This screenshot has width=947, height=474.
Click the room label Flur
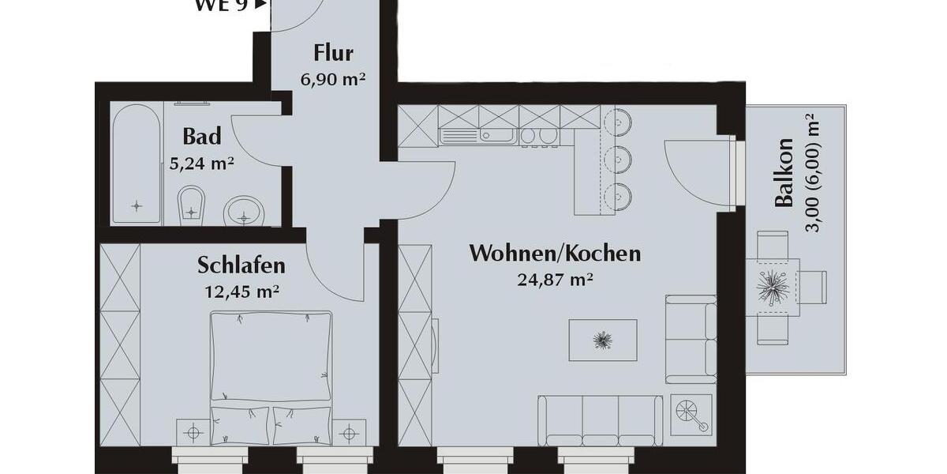click(x=333, y=54)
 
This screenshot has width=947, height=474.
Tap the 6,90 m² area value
click(x=333, y=79)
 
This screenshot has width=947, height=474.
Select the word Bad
click(x=201, y=137)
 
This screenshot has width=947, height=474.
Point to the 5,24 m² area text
click(x=201, y=164)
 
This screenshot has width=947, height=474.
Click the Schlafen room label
click(x=241, y=265)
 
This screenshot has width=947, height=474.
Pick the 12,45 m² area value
click(x=241, y=291)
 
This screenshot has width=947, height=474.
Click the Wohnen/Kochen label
click(x=555, y=254)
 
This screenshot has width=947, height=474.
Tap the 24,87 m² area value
click(x=555, y=279)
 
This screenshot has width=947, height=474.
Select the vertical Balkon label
click(x=784, y=173)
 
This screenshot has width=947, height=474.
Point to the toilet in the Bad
click(x=191, y=204)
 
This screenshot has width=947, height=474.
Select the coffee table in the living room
click(x=603, y=340)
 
